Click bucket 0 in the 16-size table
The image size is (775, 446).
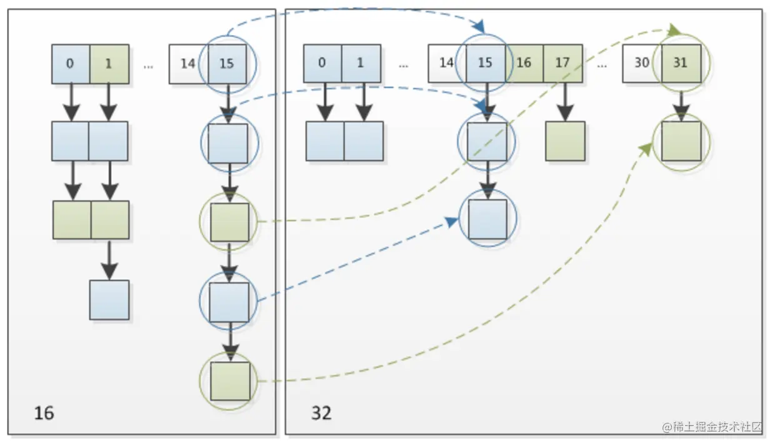(70, 64)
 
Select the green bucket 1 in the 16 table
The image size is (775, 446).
(109, 64)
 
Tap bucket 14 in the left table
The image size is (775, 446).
(187, 64)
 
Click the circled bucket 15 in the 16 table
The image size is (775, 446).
(227, 64)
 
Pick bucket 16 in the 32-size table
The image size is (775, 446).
(524, 63)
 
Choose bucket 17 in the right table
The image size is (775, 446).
(562, 63)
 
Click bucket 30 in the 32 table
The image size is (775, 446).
(641, 63)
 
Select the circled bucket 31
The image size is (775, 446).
(681, 63)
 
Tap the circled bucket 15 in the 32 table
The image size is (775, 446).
(485, 63)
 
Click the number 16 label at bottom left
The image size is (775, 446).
(44, 413)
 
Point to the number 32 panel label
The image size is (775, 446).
(321, 413)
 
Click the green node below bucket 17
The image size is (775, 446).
(565, 141)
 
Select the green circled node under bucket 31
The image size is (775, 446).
(681, 141)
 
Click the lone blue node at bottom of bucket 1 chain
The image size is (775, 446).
(109, 300)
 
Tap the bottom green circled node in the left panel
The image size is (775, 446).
(230, 381)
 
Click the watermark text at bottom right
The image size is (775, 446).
(712, 427)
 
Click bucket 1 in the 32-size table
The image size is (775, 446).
(361, 63)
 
